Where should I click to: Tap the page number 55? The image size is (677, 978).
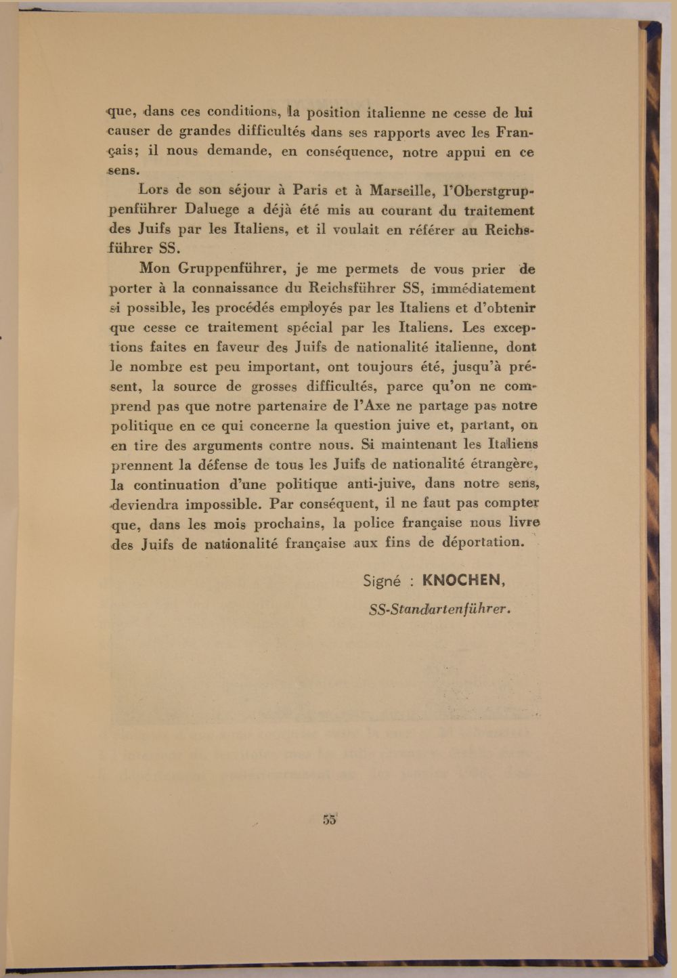click(330, 818)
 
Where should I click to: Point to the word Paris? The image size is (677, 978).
click(310, 190)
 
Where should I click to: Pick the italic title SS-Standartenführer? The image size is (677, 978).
click(439, 608)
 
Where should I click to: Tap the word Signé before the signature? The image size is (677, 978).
click(383, 580)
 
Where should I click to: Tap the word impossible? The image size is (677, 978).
click(215, 505)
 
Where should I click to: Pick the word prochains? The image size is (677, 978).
click(290, 524)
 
